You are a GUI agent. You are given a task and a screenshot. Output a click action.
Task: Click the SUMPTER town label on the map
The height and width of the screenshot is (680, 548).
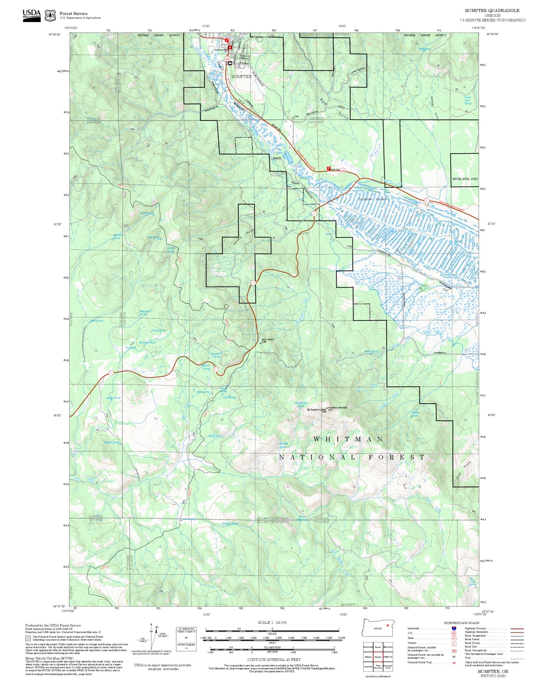click(x=241, y=77)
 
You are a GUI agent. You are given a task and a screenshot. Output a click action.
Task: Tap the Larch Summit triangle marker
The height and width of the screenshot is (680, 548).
click(x=261, y=343)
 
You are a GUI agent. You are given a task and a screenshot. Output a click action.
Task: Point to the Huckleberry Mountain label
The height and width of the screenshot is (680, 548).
click(x=337, y=407)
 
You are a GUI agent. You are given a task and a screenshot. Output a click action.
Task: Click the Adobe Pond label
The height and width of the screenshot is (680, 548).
click(x=113, y=398)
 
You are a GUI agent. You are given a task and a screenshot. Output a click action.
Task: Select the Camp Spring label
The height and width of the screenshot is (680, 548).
click(x=158, y=330)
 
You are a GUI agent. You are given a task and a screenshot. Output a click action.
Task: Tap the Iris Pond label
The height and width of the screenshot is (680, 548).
click(x=130, y=347)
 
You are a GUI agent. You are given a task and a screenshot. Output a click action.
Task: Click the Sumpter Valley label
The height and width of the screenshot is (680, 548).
click(x=372, y=199)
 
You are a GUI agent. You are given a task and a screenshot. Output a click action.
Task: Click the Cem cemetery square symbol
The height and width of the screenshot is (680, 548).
click(x=293, y=117)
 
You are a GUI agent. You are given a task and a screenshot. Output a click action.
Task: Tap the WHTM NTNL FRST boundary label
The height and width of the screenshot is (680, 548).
click(x=465, y=179)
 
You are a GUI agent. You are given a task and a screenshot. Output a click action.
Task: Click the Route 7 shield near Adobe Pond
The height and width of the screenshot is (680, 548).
click(x=111, y=373)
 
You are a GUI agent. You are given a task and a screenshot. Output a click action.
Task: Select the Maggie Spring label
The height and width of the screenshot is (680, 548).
click(x=112, y=442)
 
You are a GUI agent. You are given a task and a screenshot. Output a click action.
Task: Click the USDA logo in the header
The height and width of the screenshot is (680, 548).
click(x=32, y=15)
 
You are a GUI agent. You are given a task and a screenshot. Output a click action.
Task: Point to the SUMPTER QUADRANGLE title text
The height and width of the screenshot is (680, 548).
click(x=492, y=11)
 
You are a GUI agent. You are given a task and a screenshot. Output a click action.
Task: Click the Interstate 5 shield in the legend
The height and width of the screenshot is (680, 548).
click(x=454, y=628)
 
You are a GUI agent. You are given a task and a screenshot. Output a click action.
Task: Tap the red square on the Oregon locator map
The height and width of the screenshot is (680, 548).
click(x=387, y=625)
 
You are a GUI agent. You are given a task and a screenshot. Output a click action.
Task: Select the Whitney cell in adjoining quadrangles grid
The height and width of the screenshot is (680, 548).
click(x=368, y=657)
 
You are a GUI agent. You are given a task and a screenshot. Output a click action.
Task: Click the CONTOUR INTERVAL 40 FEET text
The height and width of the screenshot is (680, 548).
click(x=274, y=659)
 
